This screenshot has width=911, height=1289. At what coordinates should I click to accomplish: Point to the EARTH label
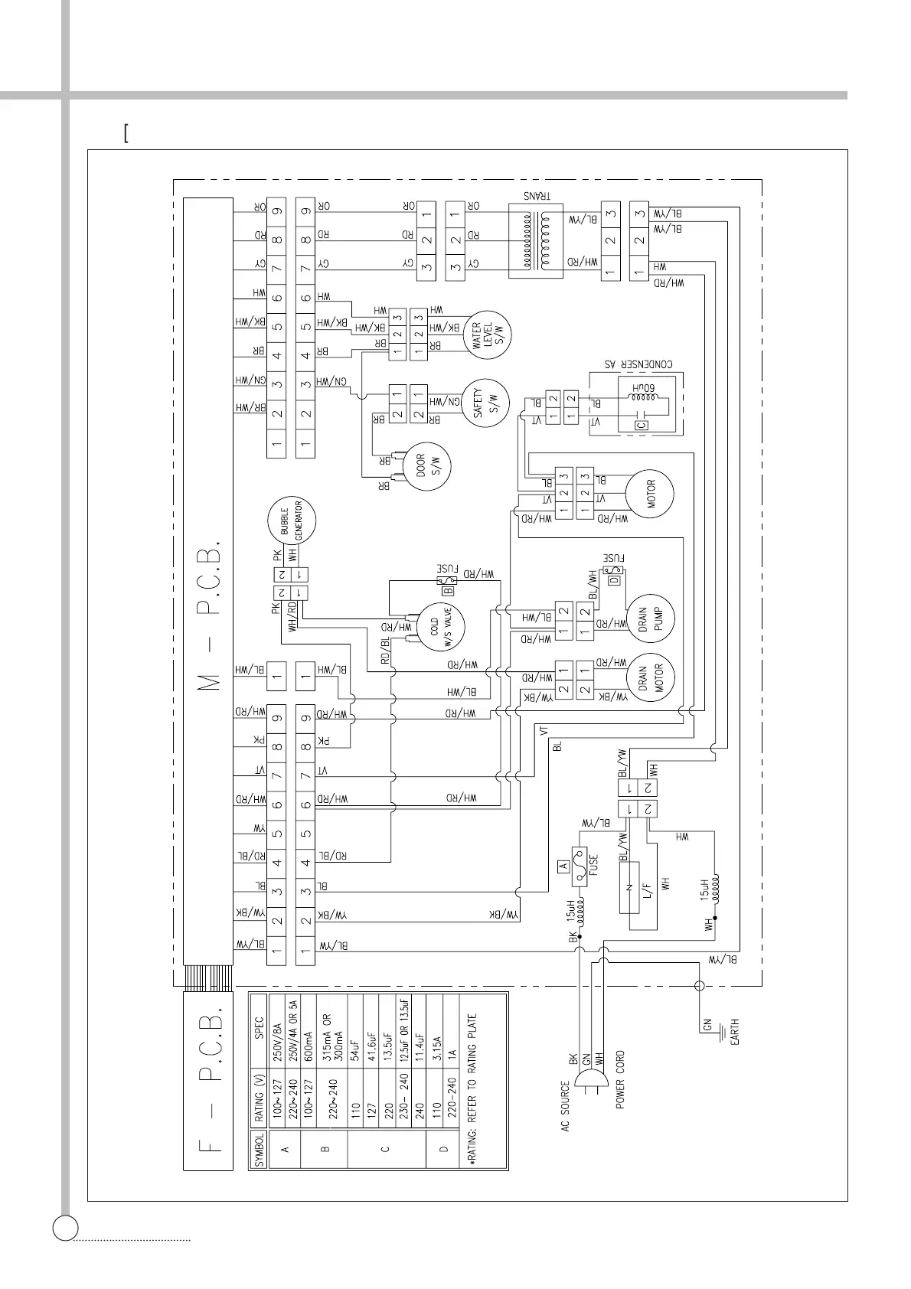[x=734, y=1032]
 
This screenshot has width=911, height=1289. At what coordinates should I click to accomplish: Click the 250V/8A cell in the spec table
[x=277, y=1027]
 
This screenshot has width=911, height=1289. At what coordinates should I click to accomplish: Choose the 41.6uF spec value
[x=373, y=1025]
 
